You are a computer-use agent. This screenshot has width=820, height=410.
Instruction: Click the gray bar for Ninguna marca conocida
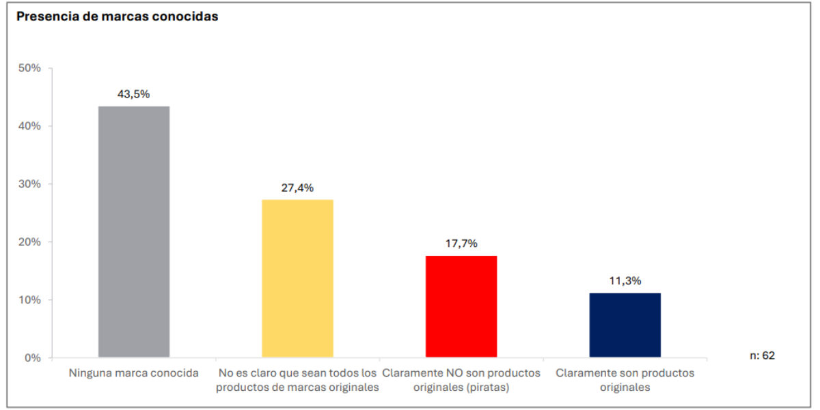click(134, 232)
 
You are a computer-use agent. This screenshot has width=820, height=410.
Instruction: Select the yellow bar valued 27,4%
click(297, 278)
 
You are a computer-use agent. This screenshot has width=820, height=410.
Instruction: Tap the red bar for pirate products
click(461, 306)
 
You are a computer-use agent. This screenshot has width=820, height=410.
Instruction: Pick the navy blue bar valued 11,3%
click(625, 325)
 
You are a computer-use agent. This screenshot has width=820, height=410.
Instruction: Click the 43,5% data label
click(134, 94)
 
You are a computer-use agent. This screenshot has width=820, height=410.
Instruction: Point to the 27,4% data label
click(297, 188)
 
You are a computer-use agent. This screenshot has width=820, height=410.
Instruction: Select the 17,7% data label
click(461, 244)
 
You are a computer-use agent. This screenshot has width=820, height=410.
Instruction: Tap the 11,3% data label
click(625, 280)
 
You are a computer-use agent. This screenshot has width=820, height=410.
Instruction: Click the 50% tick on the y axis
click(29, 68)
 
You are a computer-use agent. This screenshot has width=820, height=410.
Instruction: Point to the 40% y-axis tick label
click(29, 126)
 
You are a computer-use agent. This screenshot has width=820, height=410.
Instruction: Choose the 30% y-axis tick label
click(29, 184)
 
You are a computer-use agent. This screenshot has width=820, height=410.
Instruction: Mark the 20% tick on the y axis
click(29, 242)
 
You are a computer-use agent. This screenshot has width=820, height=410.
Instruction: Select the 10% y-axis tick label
click(29, 300)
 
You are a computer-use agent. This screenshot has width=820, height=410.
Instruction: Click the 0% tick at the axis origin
click(32, 357)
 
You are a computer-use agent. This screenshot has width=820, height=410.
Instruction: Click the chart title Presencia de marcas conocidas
click(117, 16)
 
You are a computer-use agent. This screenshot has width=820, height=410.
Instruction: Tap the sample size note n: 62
click(762, 355)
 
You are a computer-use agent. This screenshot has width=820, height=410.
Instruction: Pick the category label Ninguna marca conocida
click(134, 373)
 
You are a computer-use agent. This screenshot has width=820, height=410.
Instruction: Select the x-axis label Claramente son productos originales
click(625, 380)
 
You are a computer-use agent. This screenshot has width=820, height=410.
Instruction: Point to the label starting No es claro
click(297, 380)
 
